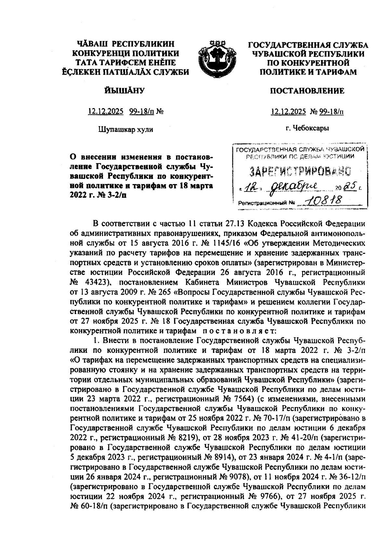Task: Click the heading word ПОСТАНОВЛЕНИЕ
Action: [307, 91]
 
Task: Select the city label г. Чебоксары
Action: [307, 128]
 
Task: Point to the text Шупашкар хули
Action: [125, 129]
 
